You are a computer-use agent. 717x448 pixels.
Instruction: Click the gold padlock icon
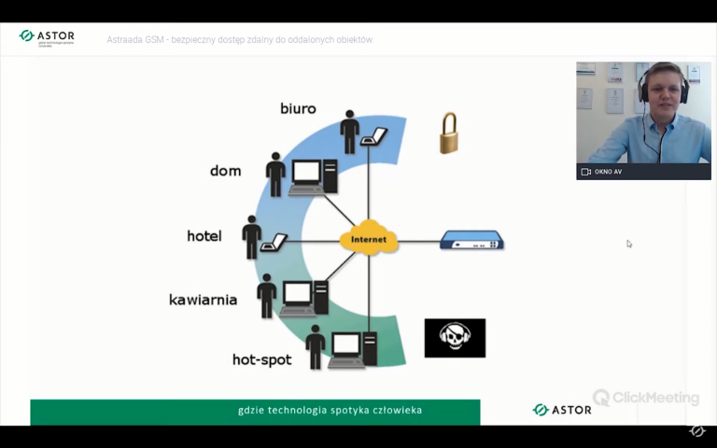(x=449, y=133)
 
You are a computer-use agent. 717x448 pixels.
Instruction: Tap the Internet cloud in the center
(x=369, y=240)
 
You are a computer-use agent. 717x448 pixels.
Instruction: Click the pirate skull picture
(x=455, y=338)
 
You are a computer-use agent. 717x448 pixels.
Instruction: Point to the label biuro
(x=298, y=109)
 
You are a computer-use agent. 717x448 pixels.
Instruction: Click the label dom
(x=226, y=171)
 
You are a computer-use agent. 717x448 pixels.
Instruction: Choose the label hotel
(x=204, y=236)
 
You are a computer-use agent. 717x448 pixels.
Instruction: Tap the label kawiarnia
(x=203, y=300)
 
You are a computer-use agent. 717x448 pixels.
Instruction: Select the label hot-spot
(x=261, y=359)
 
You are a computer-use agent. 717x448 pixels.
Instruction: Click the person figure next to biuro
(x=350, y=133)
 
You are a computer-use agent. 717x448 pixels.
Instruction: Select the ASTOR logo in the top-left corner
(x=47, y=37)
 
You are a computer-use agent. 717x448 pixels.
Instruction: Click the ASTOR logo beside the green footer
(x=562, y=410)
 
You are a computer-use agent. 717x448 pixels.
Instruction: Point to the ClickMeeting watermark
(x=646, y=398)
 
